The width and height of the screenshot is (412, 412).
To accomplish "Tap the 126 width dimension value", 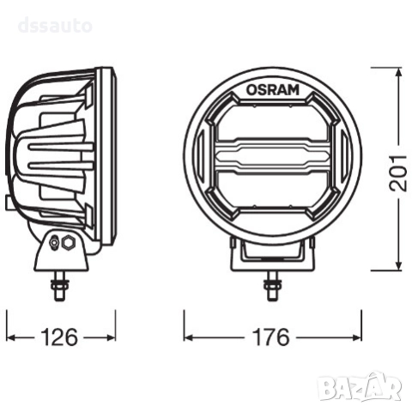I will (x=59, y=336).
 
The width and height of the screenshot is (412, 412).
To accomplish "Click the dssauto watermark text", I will (x=54, y=26).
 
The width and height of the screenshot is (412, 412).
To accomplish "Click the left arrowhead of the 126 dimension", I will (x=11, y=336).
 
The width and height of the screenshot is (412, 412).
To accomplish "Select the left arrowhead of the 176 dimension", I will (x=188, y=336).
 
